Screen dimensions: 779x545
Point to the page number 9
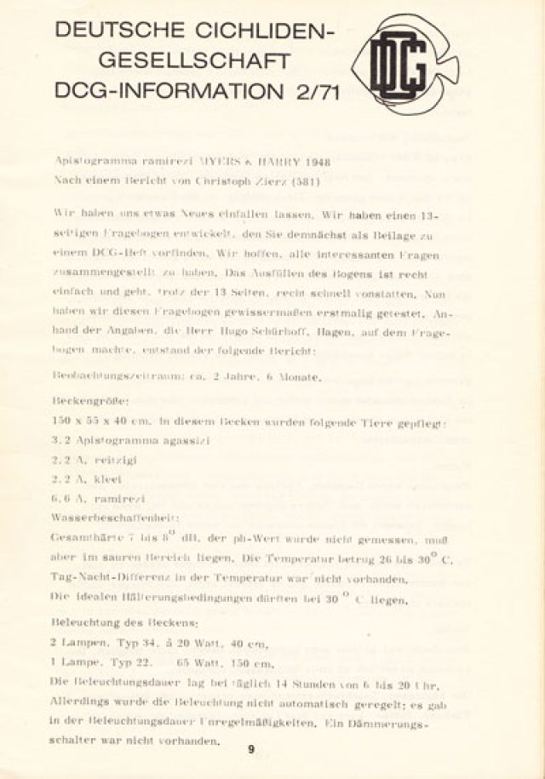point(251,750)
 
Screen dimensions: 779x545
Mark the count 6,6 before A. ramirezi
point(64,499)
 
